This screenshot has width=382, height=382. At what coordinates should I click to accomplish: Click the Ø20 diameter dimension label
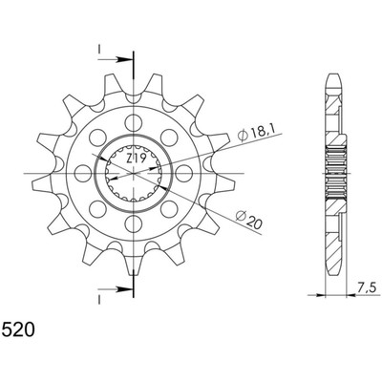[249, 220]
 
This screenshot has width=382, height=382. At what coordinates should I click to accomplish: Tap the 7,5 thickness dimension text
[366, 288]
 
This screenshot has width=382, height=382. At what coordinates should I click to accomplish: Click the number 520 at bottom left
[18, 329]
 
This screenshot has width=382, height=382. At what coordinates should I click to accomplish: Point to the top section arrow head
[124, 59]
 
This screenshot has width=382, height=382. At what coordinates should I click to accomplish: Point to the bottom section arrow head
[124, 289]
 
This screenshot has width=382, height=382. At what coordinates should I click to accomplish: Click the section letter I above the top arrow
[99, 49]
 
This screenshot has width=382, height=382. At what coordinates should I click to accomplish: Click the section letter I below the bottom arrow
[99, 300]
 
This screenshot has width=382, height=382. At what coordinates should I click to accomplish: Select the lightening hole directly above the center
[134, 122]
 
